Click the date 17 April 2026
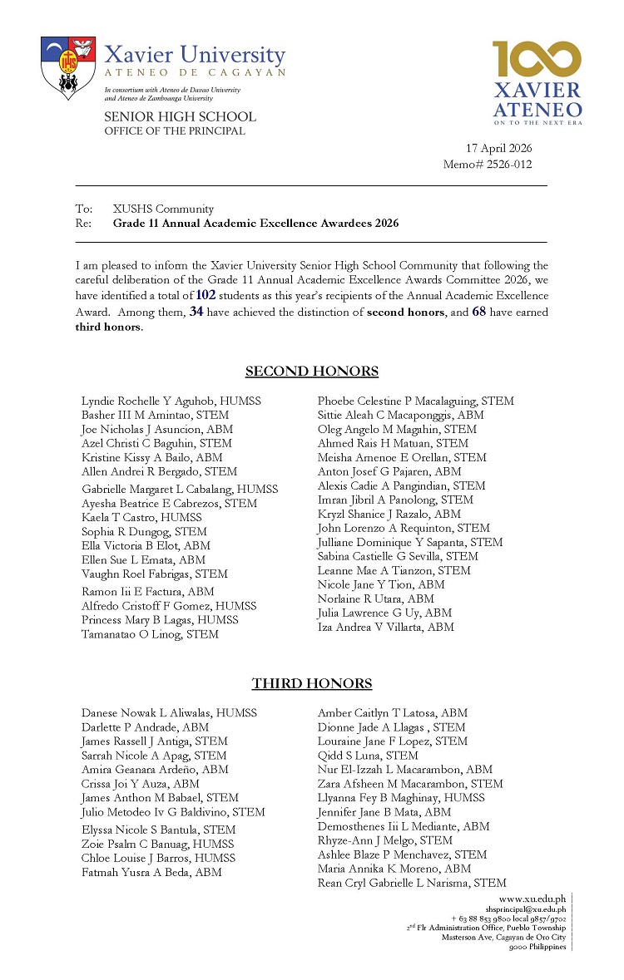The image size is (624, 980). click(x=499, y=148)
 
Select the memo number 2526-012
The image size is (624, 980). click(x=515, y=163)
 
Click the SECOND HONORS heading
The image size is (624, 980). click(x=311, y=372)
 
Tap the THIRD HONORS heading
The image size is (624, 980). click(x=311, y=684)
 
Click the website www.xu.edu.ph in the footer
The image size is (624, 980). click(x=532, y=899)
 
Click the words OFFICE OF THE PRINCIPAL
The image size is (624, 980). click(x=175, y=131)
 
